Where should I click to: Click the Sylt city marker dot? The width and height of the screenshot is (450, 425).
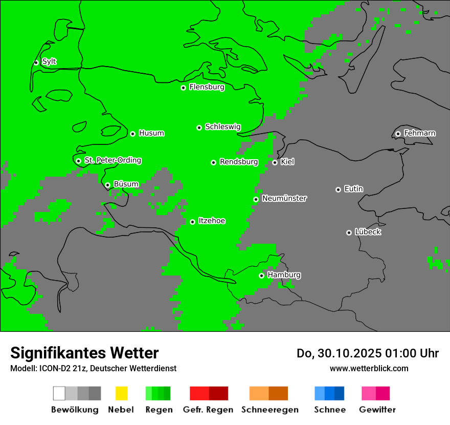click(x=36, y=62)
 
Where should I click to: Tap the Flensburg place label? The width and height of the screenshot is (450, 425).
click(x=207, y=87)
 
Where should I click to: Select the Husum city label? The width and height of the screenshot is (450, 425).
click(x=151, y=133)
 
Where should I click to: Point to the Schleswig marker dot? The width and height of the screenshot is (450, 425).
click(x=199, y=128)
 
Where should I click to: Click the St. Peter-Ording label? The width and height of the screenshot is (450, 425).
click(x=112, y=160)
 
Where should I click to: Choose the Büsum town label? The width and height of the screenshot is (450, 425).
click(x=126, y=184)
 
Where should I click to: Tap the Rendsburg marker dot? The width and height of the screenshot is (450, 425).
click(x=214, y=162)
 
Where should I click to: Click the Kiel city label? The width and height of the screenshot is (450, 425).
click(x=287, y=162)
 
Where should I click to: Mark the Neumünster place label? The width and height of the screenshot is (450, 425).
click(x=284, y=198)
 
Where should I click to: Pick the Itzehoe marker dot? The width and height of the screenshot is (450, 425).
click(x=192, y=222)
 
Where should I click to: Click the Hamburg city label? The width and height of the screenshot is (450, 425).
click(x=284, y=275)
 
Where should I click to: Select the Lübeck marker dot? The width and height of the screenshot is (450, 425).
click(x=349, y=232)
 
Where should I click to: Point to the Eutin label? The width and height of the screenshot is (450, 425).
click(x=353, y=189)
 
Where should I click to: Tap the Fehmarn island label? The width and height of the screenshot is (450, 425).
click(x=419, y=133)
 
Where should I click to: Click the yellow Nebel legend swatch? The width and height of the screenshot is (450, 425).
click(x=121, y=393)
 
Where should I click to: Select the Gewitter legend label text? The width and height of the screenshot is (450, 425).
click(x=377, y=410)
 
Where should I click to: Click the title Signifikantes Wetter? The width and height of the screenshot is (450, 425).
click(x=84, y=353)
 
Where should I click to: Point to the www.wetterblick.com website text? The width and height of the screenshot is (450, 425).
click(x=369, y=368)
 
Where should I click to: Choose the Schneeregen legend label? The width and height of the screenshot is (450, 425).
click(x=270, y=410)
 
